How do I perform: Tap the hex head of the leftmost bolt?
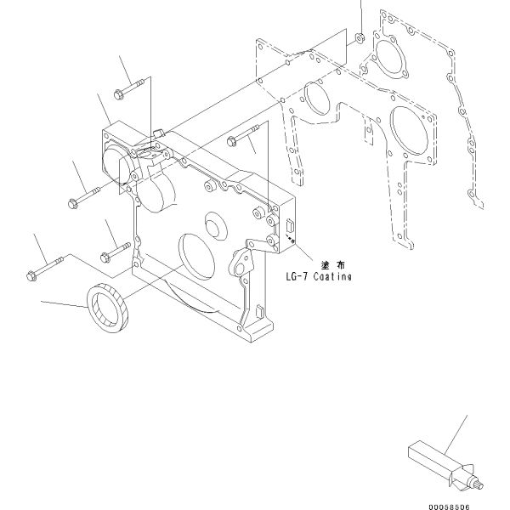[31, 276]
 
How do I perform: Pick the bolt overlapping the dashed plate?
[243, 135]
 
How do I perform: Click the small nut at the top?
[360, 37]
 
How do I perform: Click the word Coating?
[332, 276]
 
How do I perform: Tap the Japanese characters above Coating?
[333, 265]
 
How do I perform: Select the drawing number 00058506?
[449, 507]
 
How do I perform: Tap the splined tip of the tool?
[479, 485]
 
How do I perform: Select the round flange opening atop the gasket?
[388, 56]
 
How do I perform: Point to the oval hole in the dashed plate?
[316, 99]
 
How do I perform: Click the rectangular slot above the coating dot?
[289, 226]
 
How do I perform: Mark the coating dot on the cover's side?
[292, 241]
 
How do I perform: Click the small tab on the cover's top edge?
[159, 133]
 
